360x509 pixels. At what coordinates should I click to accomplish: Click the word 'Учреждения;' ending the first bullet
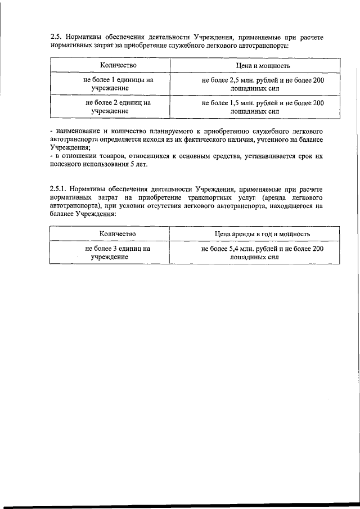coord(69,147)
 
